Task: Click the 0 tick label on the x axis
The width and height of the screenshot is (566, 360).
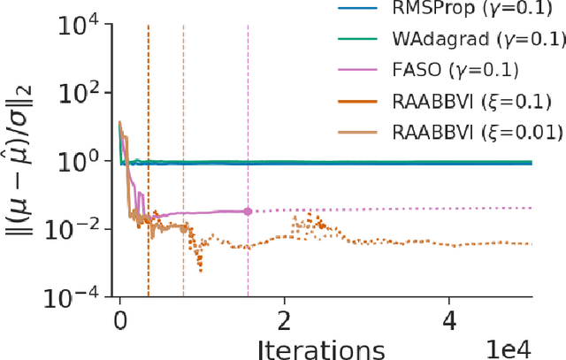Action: pyautogui.click(x=120, y=319)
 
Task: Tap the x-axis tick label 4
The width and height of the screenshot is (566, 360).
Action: pyautogui.click(x=448, y=319)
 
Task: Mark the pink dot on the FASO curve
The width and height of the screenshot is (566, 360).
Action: pyautogui.click(x=248, y=211)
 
